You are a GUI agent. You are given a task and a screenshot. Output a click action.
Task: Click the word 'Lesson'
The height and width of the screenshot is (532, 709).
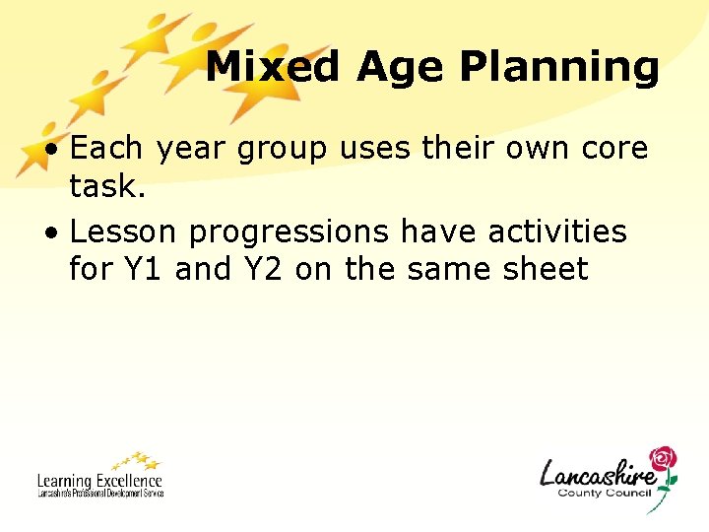tap(124, 233)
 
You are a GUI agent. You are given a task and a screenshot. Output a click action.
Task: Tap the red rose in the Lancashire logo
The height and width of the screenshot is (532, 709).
tap(664, 462)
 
